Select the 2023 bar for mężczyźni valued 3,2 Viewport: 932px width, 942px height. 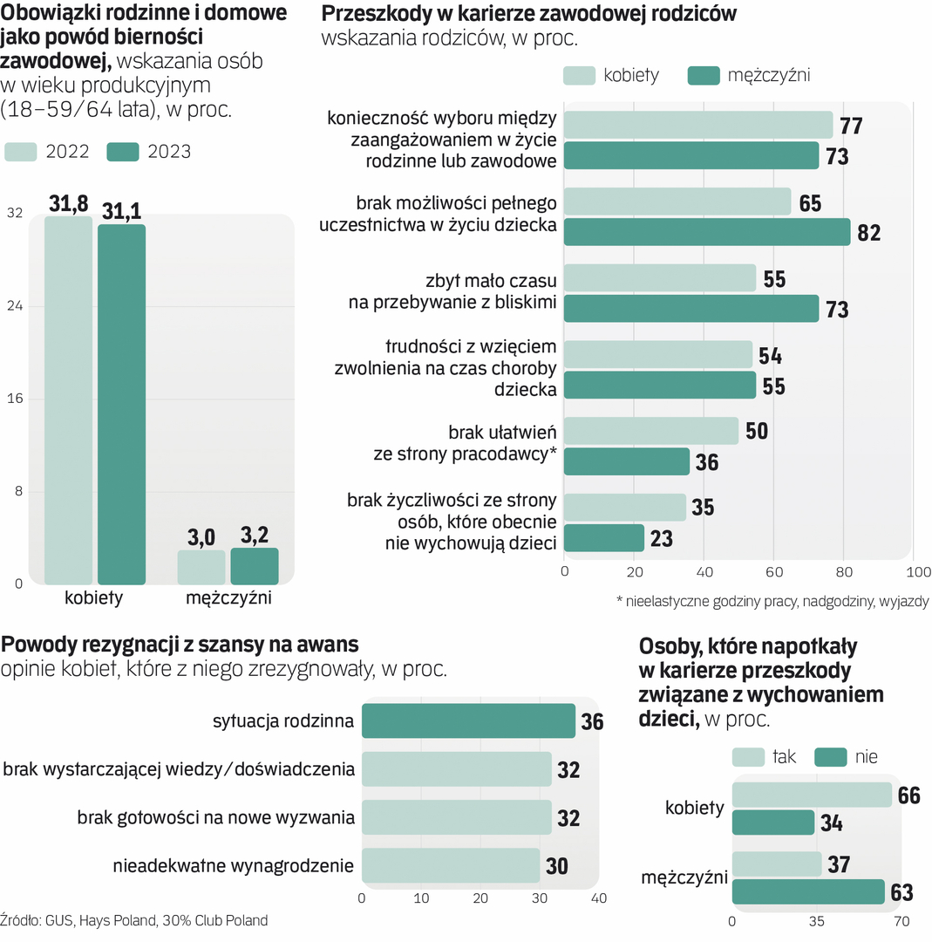tap(255, 566)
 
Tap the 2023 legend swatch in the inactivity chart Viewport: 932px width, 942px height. tap(124, 151)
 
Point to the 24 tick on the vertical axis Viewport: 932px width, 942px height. tap(14, 306)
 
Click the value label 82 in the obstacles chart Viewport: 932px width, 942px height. tap(868, 233)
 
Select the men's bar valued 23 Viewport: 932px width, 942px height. tap(604, 538)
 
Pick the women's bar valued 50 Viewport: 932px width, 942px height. tap(651, 431)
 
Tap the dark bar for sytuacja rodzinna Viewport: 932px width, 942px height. tap(468, 721)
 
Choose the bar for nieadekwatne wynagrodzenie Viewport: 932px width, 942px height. tap(451, 866)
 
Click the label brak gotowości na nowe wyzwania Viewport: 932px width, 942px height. tap(215, 818)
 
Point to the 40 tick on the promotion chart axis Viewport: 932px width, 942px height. tap(598, 898)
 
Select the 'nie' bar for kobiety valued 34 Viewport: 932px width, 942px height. tap(773, 823)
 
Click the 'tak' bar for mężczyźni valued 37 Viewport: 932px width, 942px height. tap(777, 863)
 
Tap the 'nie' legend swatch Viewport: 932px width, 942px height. tap(831, 757)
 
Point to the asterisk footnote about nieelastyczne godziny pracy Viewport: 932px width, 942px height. tap(772, 601)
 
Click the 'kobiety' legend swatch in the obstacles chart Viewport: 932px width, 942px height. tap(579, 75)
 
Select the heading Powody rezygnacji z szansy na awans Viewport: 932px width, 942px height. tap(180, 645)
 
